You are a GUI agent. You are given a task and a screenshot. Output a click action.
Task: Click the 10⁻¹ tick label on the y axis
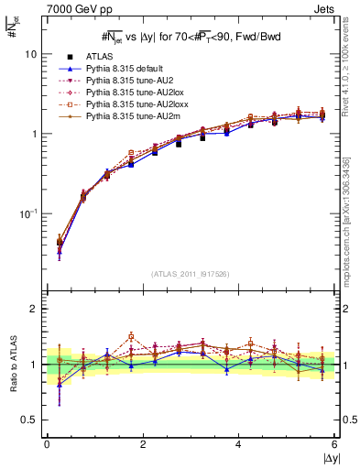click(28, 213)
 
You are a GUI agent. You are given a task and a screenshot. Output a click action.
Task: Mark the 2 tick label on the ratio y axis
click(34, 309)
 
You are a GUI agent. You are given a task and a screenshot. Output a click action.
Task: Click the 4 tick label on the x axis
click(238, 446)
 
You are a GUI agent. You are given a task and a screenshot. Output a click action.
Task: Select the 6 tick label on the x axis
click(334, 446)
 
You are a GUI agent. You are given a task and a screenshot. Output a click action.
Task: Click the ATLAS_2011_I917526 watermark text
click(190, 274)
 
